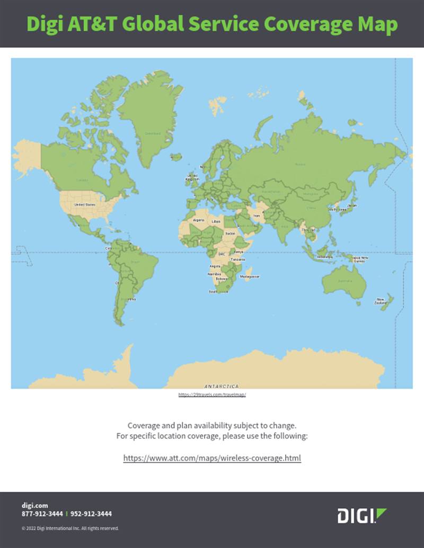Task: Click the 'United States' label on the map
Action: point(85,204)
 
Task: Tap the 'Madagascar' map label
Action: point(250,276)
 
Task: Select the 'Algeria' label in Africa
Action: point(199,220)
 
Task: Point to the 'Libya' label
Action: point(216,221)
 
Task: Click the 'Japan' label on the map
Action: point(351,205)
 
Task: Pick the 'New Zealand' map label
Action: point(381,300)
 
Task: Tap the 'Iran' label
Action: point(257,215)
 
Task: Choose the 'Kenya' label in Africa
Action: point(238,251)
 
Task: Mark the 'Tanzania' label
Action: point(237,259)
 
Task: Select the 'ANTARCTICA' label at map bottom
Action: point(221,386)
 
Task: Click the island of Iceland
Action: point(176,157)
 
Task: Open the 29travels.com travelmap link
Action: point(212,395)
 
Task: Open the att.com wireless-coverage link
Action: point(212,457)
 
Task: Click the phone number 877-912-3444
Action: point(42,514)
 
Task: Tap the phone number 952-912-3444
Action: point(91,514)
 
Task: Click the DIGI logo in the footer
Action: point(362,515)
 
